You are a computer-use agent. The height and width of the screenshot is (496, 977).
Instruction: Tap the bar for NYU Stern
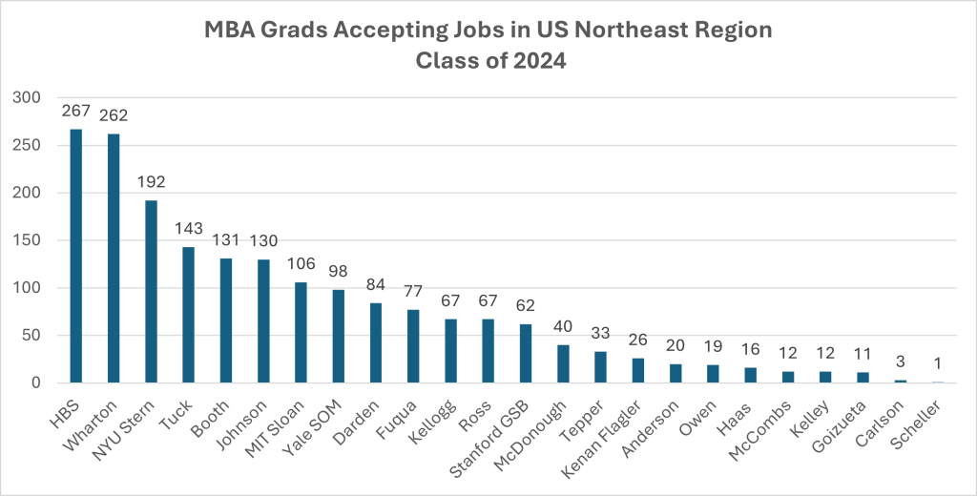151,291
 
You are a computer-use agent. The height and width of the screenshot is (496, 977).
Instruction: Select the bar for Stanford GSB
526,353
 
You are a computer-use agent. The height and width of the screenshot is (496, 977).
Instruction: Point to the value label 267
76,111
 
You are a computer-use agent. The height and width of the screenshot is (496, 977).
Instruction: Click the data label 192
151,182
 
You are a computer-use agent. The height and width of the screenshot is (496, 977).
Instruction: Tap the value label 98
338,272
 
